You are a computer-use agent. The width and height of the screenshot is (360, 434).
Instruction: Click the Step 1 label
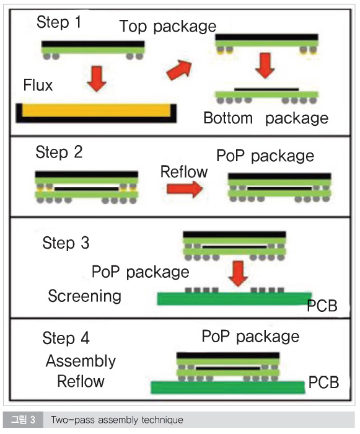(x=59, y=22)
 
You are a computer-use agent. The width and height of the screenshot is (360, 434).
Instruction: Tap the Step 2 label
(x=59, y=152)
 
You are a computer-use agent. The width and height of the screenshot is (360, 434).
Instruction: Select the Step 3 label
(x=66, y=243)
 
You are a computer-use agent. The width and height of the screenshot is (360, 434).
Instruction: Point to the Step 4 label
(x=66, y=338)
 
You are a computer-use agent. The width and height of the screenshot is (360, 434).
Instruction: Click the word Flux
(x=38, y=85)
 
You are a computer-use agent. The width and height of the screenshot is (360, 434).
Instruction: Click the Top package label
(x=168, y=27)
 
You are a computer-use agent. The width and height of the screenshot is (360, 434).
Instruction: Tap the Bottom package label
(x=266, y=118)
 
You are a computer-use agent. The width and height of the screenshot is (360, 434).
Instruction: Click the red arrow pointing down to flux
(x=96, y=79)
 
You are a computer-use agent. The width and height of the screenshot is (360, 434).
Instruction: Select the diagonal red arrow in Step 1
(x=179, y=70)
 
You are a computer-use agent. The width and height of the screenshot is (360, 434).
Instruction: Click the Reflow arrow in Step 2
(x=185, y=188)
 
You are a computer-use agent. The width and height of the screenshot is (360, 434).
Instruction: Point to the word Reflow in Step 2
(x=184, y=172)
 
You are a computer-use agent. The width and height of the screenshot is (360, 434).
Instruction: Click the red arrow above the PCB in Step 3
(x=239, y=273)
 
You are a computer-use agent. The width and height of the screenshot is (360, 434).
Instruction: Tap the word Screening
(x=85, y=296)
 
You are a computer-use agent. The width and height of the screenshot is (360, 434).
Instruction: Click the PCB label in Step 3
(x=322, y=306)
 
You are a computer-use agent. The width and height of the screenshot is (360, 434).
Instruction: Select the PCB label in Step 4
(x=323, y=383)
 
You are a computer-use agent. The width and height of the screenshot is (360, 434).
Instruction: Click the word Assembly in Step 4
(x=81, y=361)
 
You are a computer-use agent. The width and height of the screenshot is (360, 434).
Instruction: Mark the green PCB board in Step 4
(x=228, y=387)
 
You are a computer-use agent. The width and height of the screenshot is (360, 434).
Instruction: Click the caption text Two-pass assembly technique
(x=117, y=420)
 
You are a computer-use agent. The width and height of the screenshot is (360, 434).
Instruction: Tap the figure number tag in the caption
(x=23, y=420)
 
